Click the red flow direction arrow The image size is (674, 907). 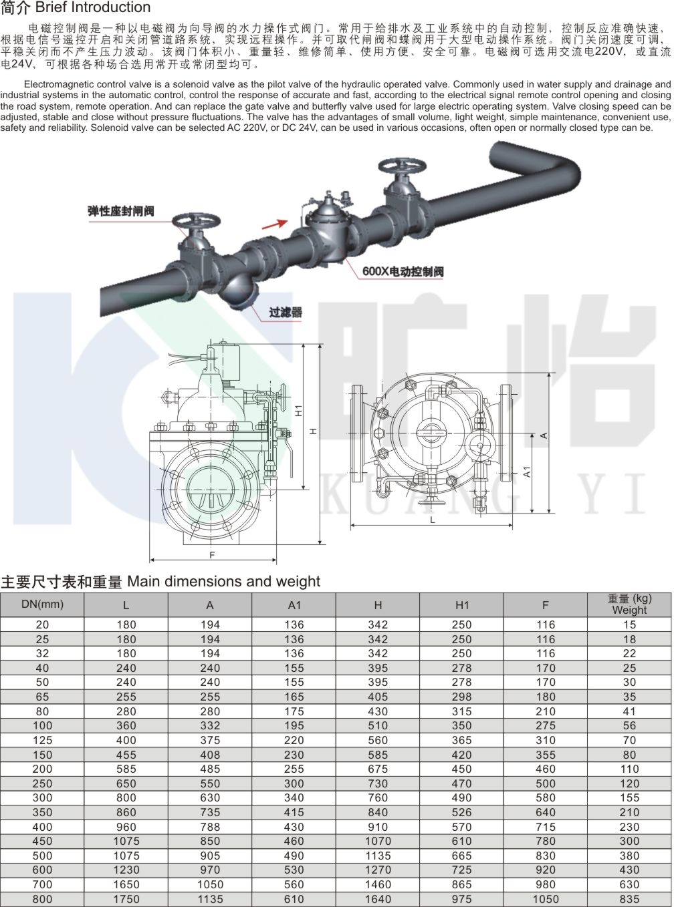pos(275,224)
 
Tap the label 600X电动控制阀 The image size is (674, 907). pos(403,272)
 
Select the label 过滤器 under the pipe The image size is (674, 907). pos(286,313)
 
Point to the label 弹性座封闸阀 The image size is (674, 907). pos(121,212)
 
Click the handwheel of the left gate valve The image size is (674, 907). pos(197,221)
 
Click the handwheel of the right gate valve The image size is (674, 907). pos(403,167)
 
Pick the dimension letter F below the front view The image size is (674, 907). pos(212,555)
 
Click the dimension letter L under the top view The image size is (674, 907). pos(433,520)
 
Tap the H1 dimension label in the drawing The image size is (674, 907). pos(299,410)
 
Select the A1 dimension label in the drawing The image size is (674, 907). pos(528,472)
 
